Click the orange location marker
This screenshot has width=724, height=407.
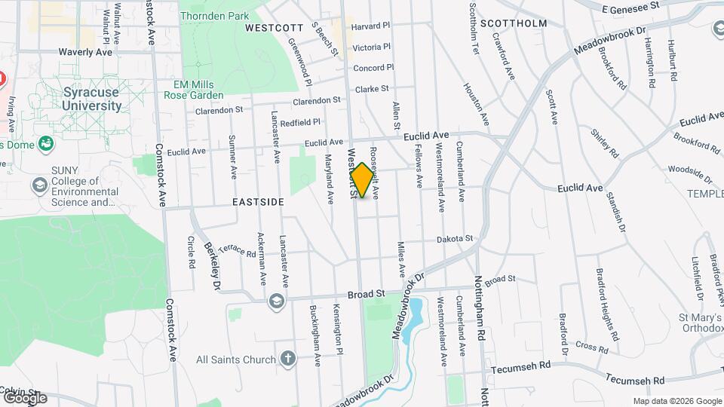362,180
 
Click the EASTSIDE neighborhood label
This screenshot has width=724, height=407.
258,202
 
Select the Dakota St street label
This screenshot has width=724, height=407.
455,239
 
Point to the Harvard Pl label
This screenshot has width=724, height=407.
371,26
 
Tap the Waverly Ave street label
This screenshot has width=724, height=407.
85,52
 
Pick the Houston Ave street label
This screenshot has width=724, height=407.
477,104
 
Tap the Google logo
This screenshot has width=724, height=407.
24,397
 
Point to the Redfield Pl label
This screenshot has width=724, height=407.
300,121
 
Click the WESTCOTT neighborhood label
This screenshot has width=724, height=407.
273,27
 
